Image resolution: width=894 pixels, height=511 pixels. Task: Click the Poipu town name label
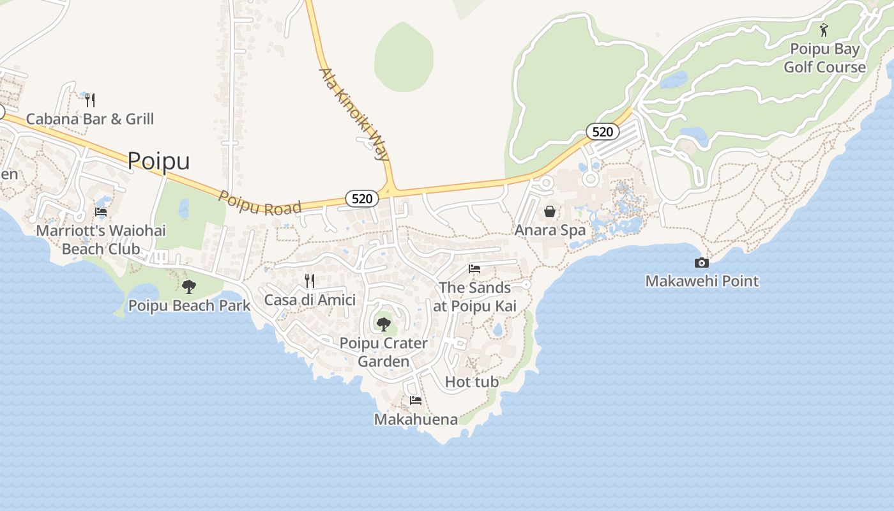[158, 161]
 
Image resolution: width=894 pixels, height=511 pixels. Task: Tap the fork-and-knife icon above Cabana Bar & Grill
[90, 100]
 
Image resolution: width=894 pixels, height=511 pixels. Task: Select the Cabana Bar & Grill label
[90, 119]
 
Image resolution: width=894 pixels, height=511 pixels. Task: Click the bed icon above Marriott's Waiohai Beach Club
[101, 212]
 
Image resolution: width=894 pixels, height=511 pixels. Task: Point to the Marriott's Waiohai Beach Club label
[101, 240]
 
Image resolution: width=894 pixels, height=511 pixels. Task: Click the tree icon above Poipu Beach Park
[188, 287]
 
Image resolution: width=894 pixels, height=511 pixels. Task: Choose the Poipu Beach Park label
[190, 305]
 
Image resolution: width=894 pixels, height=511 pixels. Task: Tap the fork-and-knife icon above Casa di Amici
[310, 281]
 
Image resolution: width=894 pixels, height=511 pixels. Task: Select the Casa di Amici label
[310, 300]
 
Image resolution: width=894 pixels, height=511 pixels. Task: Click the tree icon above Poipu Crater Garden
[383, 324]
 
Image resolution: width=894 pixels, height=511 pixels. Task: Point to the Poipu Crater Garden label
[383, 352]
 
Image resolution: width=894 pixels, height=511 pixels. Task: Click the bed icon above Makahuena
[416, 400]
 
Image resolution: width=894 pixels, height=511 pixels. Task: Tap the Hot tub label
[471, 382]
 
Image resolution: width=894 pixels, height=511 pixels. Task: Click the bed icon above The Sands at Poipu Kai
[474, 269]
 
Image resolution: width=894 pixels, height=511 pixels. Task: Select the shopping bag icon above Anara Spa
[550, 211]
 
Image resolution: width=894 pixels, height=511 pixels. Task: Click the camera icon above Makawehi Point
[701, 263]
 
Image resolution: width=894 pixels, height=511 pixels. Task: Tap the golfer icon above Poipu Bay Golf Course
[824, 30]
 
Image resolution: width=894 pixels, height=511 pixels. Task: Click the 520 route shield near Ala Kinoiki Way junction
[361, 199]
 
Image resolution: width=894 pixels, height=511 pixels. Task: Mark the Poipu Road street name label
[259, 202]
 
